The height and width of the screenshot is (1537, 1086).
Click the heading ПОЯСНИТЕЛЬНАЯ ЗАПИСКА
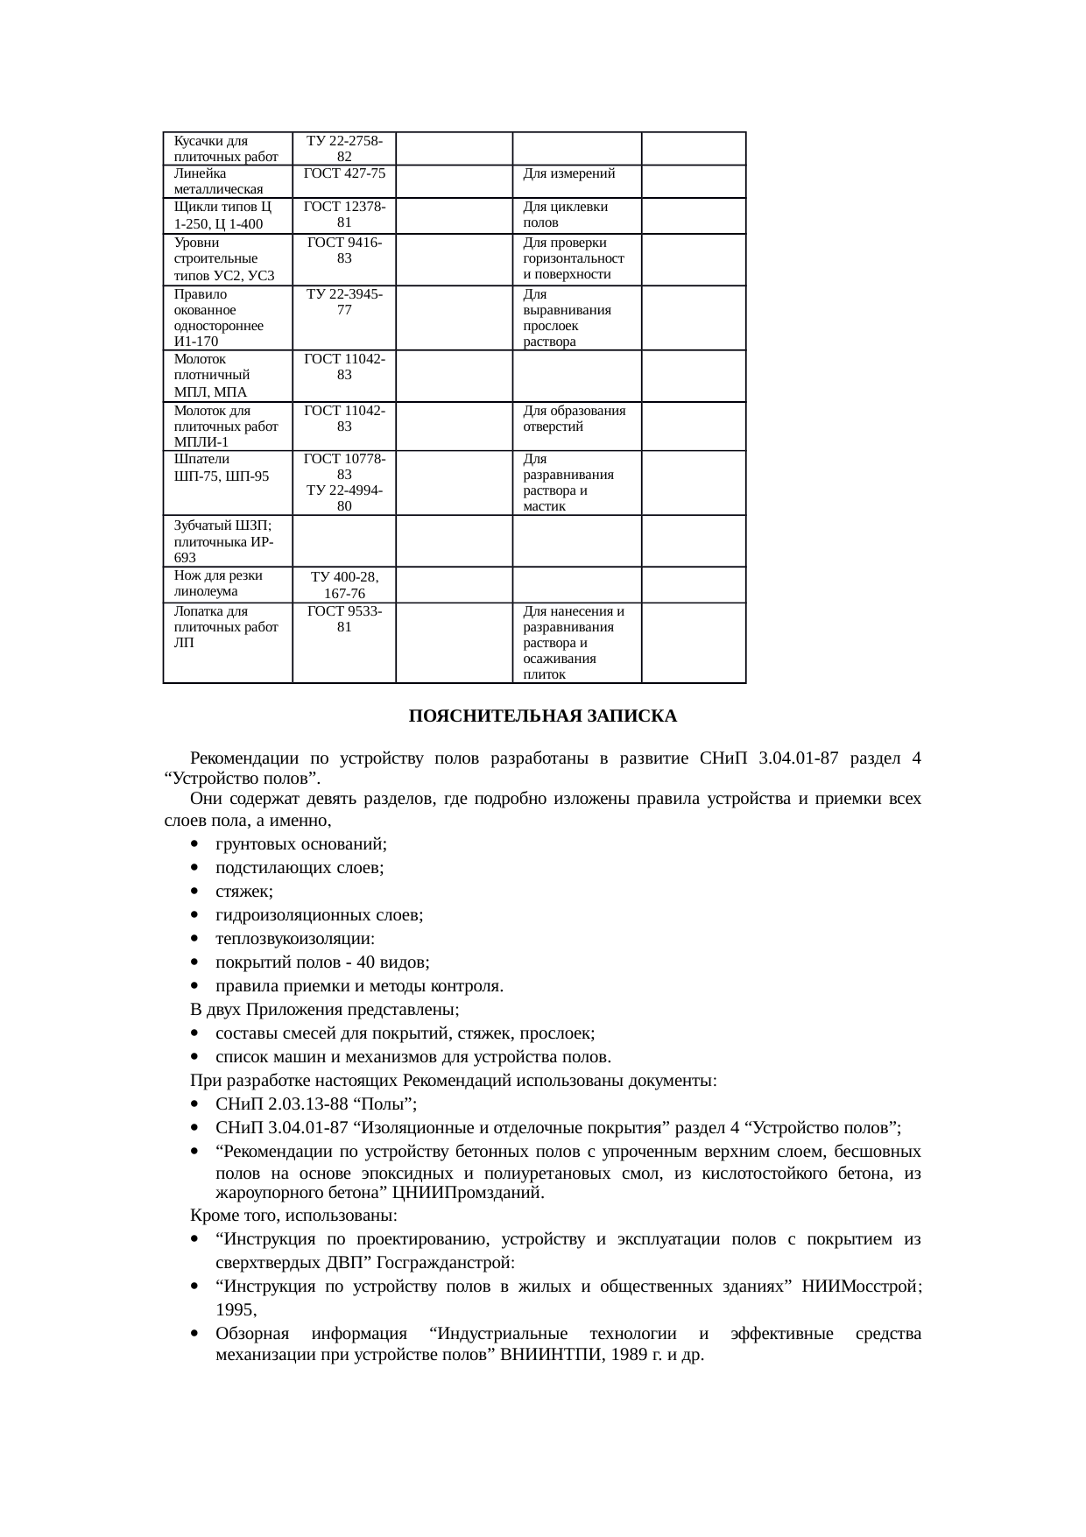pyautogui.click(x=542, y=716)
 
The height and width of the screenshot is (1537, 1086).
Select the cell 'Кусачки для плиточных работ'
pyautogui.click(x=226, y=149)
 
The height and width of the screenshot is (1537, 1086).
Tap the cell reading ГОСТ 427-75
pyautogui.click(x=344, y=173)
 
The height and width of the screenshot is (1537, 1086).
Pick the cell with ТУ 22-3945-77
pyautogui.click(x=344, y=302)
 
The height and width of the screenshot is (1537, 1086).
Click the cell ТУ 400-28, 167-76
pyautogui.click(x=344, y=585)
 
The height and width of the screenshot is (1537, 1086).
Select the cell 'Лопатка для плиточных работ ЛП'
pyautogui.click(x=226, y=626)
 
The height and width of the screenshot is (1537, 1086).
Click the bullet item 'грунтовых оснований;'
pyautogui.click(x=301, y=844)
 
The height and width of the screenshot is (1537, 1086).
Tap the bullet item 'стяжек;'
pyautogui.click(x=244, y=892)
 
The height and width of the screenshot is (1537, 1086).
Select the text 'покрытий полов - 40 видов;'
pyautogui.click(x=322, y=962)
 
